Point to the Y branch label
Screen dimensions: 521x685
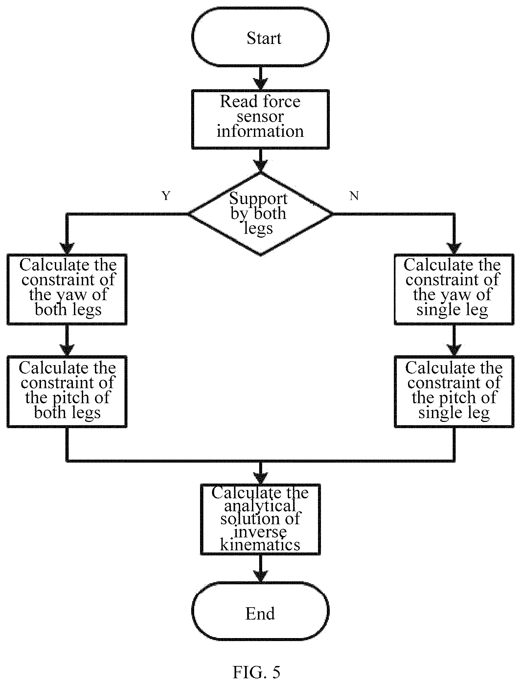click(x=166, y=196)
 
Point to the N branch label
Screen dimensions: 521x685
click(x=354, y=196)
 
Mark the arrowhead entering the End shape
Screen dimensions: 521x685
click(x=260, y=577)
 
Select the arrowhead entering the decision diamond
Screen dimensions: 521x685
click(x=260, y=166)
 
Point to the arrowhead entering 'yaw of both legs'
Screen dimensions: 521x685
click(x=67, y=248)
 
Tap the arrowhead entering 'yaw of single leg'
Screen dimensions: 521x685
click(x=454, y=248)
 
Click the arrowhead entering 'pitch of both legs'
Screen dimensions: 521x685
click(x=67, y=350)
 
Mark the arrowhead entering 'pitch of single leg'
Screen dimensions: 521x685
click(x=454, y=350)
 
